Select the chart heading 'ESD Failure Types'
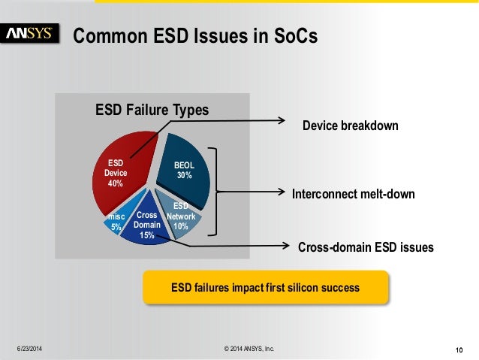[x=152, y=110]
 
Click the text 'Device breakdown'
[x=350, y=126]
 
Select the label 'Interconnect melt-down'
[x=353, y=194]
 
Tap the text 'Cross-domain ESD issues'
[x=366, y=247]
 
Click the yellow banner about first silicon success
[x=266, y=288]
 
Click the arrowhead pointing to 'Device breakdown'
[x=282, y=120]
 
